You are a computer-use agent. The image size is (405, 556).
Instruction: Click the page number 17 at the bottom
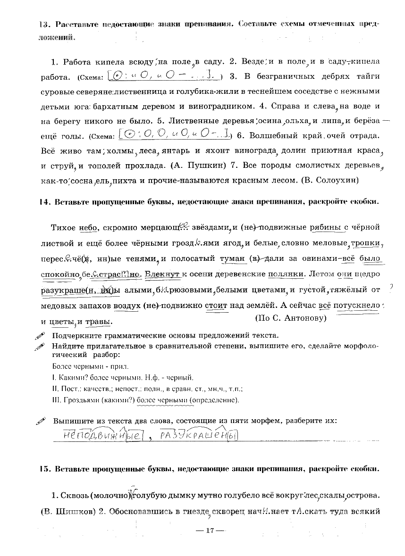pos(211,531)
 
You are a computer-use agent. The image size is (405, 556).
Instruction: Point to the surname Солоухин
pos(337,180)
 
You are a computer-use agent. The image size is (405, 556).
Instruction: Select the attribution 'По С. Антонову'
pos(291,317)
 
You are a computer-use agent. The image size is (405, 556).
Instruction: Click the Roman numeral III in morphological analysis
pos(56,400)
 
